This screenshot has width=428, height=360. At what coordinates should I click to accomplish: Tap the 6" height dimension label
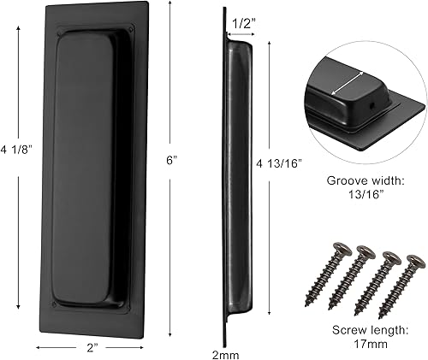172,160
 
